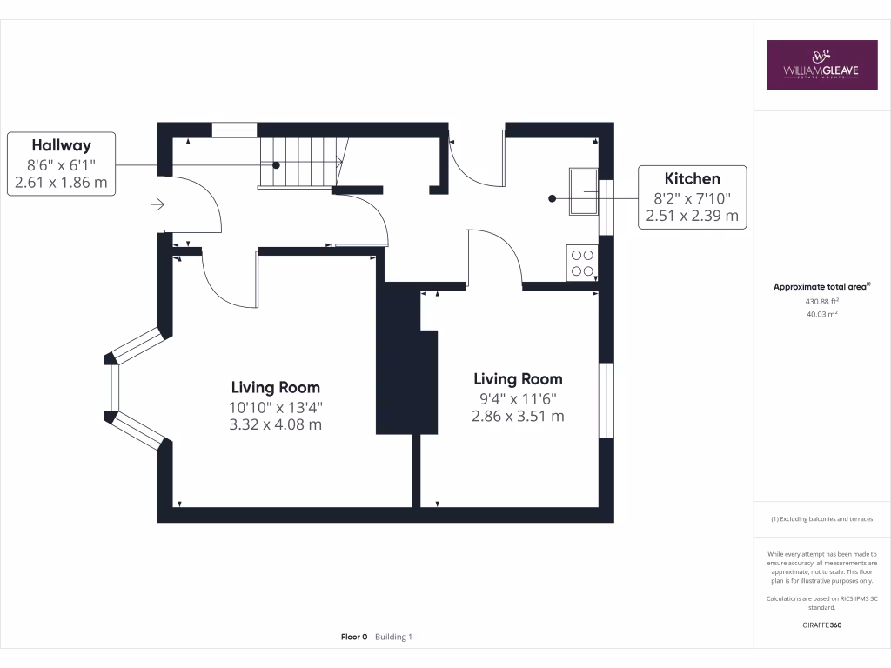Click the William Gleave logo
coord(821,64)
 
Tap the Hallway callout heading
coord(61,145)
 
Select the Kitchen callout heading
coord(693,178)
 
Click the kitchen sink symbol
coord(583,190)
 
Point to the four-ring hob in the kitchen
coord(581,263)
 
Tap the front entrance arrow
coord(157,204)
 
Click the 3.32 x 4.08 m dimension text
coord(275,424)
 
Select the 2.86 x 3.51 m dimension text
coord(518,416)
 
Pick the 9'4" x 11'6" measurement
coord(518,398)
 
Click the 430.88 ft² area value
coord(821,301)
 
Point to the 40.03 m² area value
coord(821,315)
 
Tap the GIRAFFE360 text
coord(821,625)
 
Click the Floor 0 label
coord(354,637)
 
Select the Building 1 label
coord(393,637)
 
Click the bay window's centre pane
coord(111,388)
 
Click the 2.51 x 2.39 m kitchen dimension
coord(693,215)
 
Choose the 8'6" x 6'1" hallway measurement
coord(61,164)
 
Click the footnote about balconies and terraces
coord(821,519)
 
